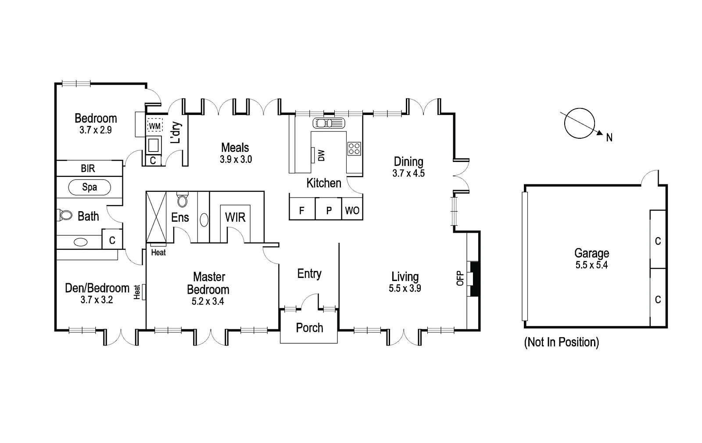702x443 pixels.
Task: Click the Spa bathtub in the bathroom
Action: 90,187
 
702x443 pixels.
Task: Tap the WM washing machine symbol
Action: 154,126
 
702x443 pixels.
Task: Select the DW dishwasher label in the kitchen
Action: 322,155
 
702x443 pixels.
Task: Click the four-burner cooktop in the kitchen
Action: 354,149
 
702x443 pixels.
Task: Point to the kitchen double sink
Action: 328,123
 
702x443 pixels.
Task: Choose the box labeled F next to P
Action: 302,211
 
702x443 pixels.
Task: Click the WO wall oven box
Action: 352,211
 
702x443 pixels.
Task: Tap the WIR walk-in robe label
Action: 235,217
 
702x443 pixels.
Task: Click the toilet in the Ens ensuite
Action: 182,201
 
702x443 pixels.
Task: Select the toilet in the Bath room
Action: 65,215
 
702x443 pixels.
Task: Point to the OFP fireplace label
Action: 460,278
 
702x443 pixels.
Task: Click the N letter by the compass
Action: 609,138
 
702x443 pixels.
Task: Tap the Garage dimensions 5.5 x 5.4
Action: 591,265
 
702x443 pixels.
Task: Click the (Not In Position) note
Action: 561,342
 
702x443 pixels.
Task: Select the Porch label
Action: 309,328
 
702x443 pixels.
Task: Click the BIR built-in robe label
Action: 88,169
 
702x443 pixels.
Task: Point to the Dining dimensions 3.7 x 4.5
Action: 408,173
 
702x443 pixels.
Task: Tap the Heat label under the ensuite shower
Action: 158,252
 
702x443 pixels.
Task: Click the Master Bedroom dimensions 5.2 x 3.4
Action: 208,302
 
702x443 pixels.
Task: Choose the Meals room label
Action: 235,148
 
